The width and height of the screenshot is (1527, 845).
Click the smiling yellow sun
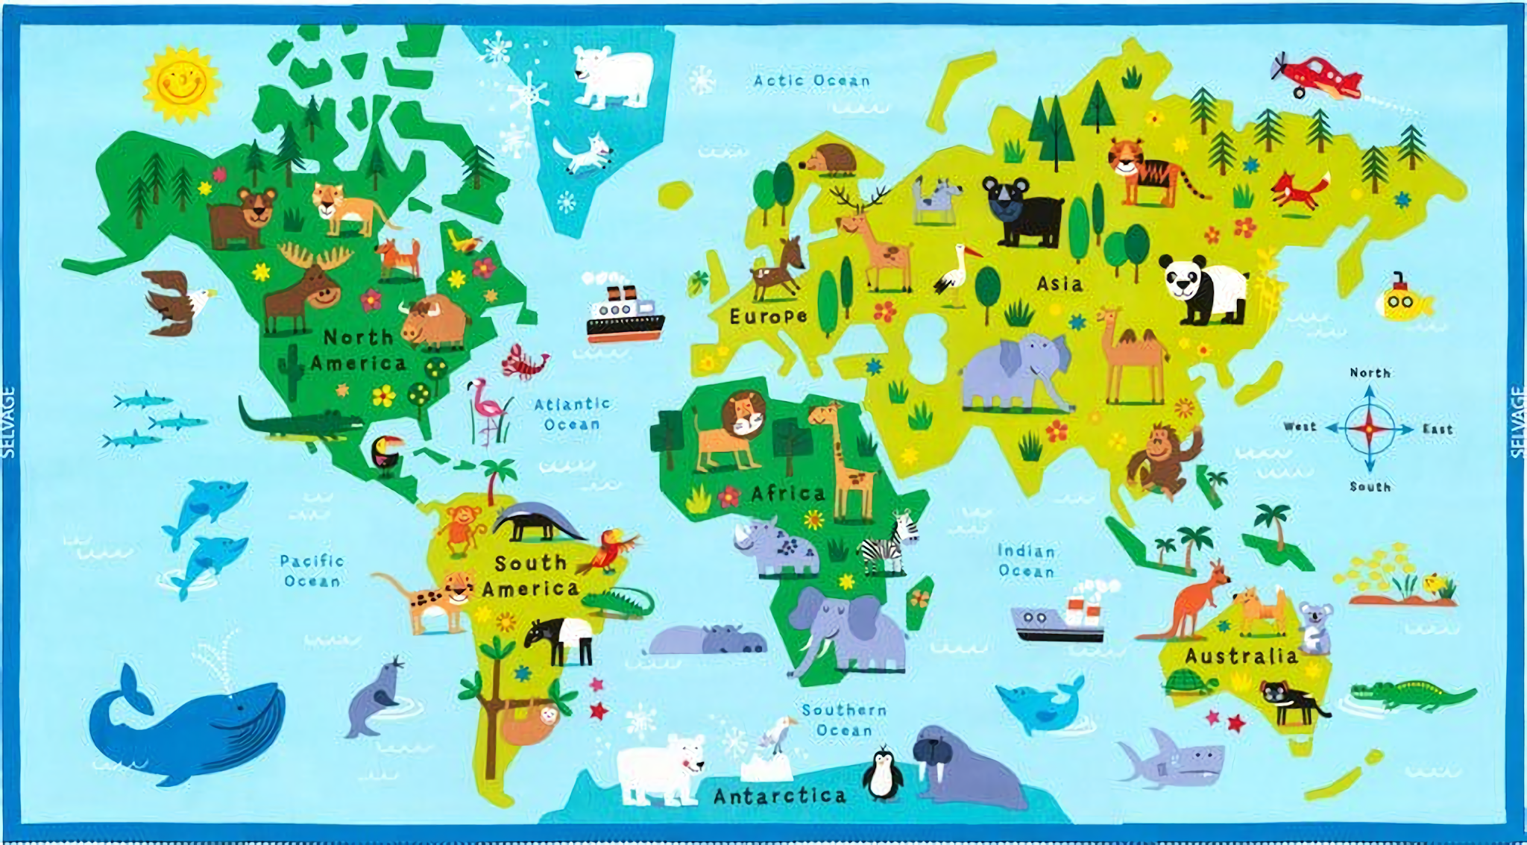point(181,83)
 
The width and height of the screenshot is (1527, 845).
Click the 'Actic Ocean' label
point(811,81)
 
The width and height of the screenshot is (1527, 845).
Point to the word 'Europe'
point(768,316)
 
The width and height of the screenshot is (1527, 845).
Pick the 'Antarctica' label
point(780,796)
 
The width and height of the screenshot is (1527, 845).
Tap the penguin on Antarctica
point(883,774)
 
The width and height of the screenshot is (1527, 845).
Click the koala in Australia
point(1315,625)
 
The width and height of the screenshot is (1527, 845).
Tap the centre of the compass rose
point(1369,429)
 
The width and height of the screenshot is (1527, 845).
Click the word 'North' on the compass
point(1370,372)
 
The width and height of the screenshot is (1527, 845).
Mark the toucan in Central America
point(386,452)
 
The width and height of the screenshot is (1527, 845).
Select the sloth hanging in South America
point(529,723)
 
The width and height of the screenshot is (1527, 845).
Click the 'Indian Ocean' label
point(1027,561)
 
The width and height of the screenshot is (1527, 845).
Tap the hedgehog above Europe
point(830,160)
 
